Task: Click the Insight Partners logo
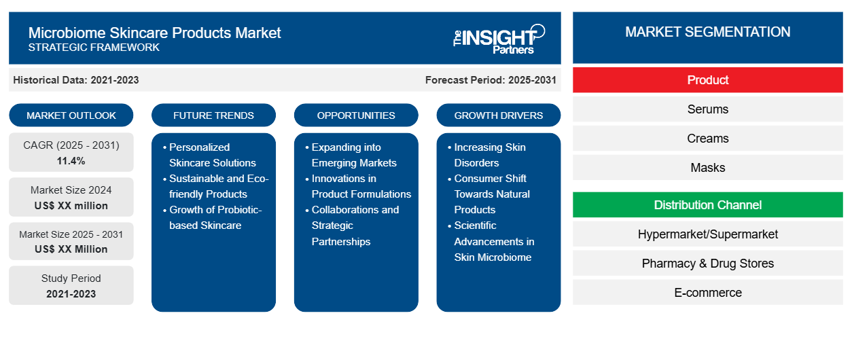[499, 38]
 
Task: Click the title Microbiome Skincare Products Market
[154, 32]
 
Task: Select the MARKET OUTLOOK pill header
[71, 115]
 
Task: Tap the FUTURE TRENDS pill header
[213, 115]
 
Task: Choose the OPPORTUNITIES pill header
[356, 115]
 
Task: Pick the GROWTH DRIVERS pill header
[499, 115]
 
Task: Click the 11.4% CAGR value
[71, 161]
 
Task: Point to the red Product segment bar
[707, 80]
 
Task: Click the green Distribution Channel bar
[707, 205]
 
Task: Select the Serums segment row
[707, 109]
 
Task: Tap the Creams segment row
[707, 139]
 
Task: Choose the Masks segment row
[707, 168]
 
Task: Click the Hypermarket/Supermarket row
[707, 234]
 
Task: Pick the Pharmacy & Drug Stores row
[707, 264]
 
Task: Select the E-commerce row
[707, 293]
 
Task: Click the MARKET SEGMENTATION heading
[707, 32]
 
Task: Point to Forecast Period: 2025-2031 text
[491, 80]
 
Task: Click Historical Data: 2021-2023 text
[76, 80]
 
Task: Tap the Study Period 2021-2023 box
[71, 286]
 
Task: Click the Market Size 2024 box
[71, 198]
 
